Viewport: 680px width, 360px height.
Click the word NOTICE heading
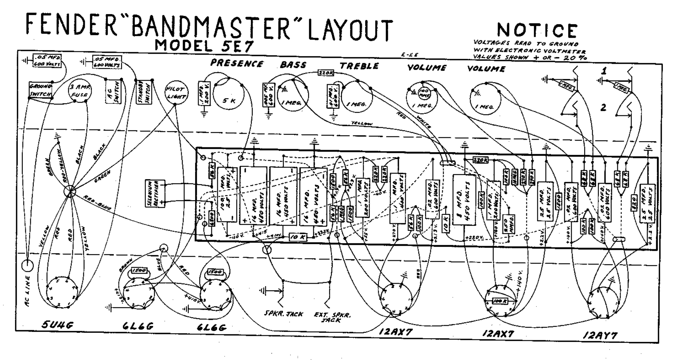click(x=537, y=30)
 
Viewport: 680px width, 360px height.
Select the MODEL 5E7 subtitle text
click(x=204, y=46)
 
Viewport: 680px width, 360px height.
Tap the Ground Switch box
click(x=40, y=90)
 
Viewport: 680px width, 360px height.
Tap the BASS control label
click(x=293, y=65)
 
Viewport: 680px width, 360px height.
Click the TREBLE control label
click(x=359, y=66)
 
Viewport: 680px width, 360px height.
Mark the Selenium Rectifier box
click(x=154, y=194)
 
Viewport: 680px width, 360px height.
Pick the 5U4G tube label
click(x=57, y=326)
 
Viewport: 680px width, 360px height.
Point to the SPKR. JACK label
click(x=283, y=314)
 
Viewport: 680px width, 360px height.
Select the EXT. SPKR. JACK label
click(x=332, y=317)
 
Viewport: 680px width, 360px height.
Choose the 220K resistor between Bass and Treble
click(x=326, y=73)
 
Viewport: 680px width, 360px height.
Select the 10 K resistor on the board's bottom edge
click(x=298, y=237)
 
